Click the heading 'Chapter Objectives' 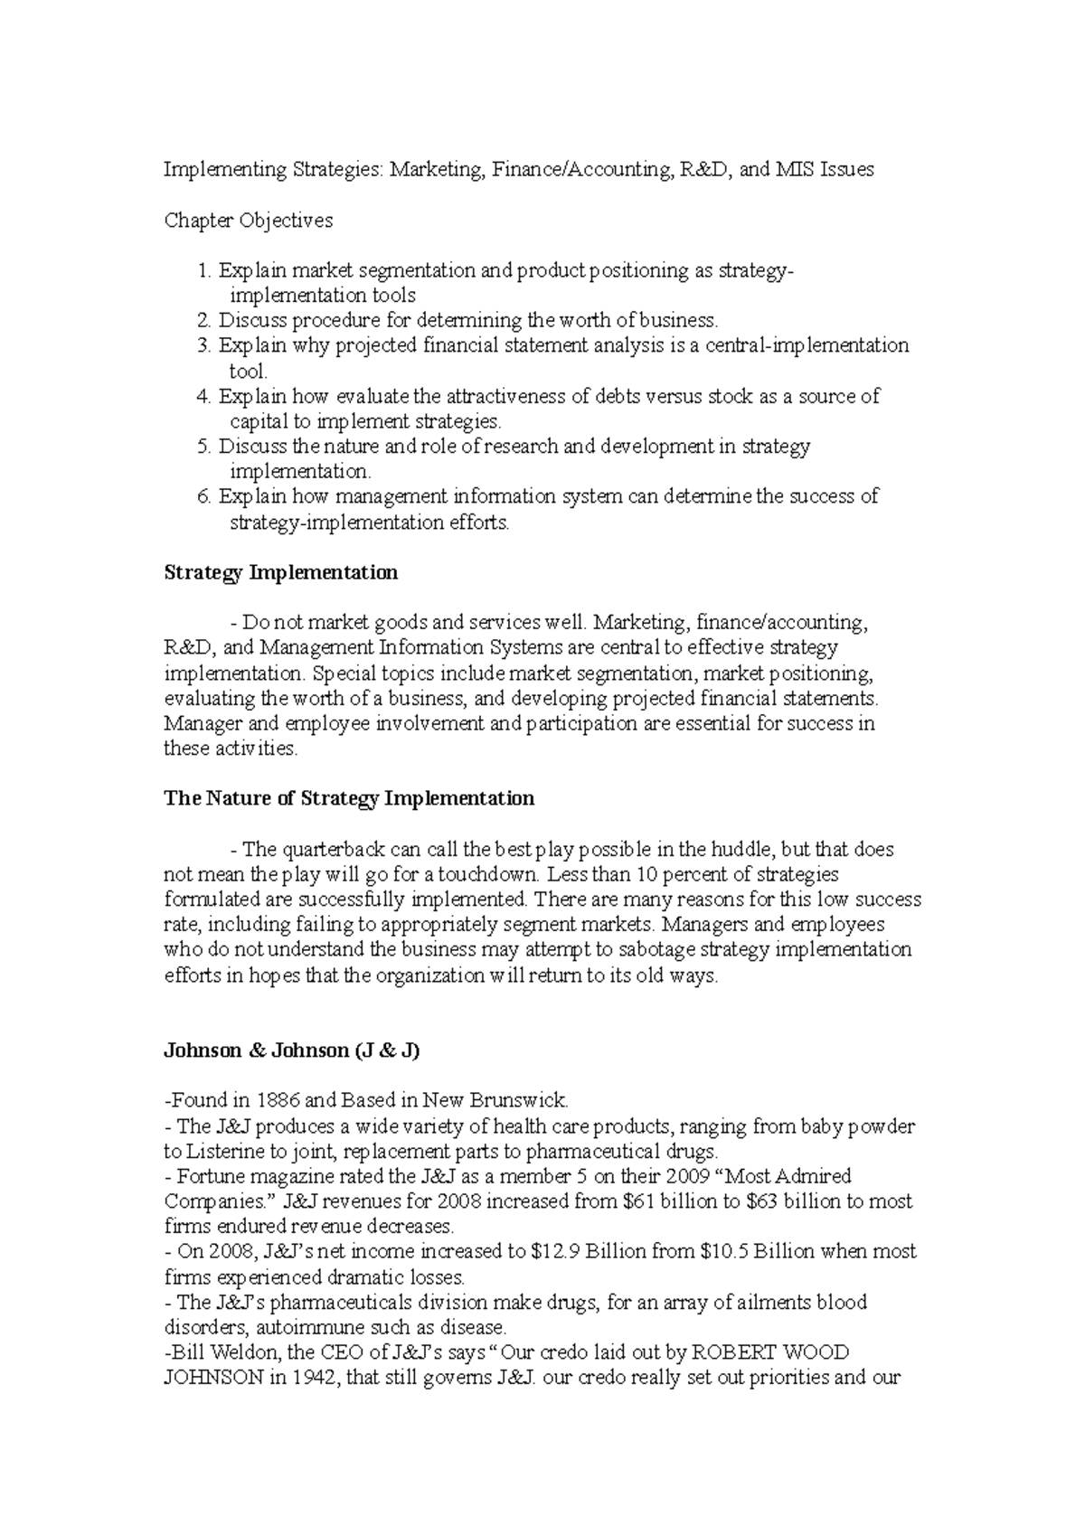(x=248, y=221)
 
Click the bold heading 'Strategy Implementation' (x=280, y=572)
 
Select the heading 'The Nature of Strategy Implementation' (x=348, y=798)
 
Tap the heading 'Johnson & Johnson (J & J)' (x=292, y=1050)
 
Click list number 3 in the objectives (x=203, y=345)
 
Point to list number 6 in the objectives (x=203, y=496)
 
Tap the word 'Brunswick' (x=525, y=1101)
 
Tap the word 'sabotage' (x=659, y=950)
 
